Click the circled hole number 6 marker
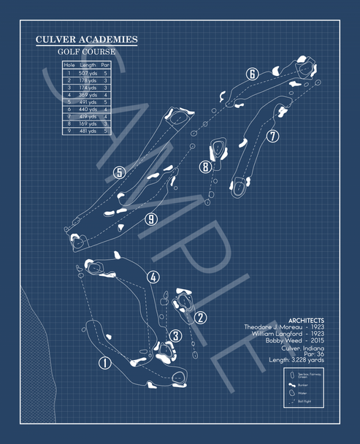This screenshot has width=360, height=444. pyautogui.click(x=252, y=74)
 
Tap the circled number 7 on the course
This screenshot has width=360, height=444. pyautogui.click(x=272, y=136)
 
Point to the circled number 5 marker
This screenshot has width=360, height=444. pyautogui.click(x=119, y=173)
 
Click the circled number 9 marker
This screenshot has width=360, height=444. pyautogui.click(x=151, y=218)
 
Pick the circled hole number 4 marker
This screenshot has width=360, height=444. pyautogui.click(x=153, y=277)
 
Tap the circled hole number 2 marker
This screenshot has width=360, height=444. pyautogui.click(x=201, y=317)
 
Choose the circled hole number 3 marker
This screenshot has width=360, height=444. pyautogui.click(x=175, y=335)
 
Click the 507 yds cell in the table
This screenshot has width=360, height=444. pyautogui.click(x=88, y=73)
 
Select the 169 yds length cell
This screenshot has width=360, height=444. pyautogui.click(x=88, y=123)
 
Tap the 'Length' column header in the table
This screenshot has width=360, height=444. pyautogui.click(x=88, y=66)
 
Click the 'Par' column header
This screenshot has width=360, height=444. pyautogui.click(x=106, y=66)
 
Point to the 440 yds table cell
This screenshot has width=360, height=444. pyautogui.click(x=88, y=109)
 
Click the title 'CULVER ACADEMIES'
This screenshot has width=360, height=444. pyautogui.click(x=86, y=39)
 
